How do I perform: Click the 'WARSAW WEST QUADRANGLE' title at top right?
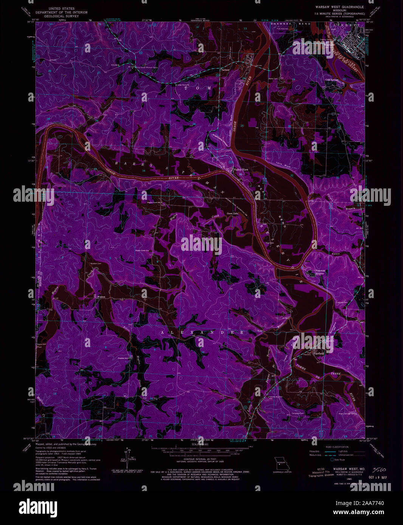[x=339, y=7]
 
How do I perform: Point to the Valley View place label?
[x=241, y=170]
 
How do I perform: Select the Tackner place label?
[x=225, y=70]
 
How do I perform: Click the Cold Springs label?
[x=332, y=80]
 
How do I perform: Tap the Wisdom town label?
[x=101, y=297]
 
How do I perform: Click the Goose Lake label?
[x=232, y=214]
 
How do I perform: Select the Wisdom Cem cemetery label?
[x=96, y=264]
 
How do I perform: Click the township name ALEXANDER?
[x=202, y=332]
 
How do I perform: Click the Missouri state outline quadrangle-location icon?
[x=280, y=463]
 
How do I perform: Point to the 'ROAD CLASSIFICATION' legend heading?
[x=333, y=447]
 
